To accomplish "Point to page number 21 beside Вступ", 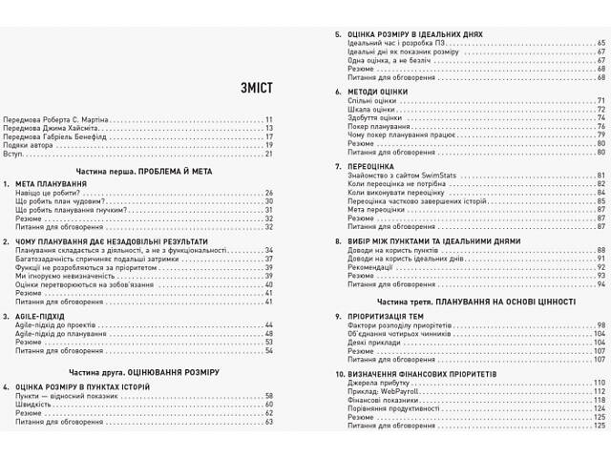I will pyautogui.click(x=270, y=153).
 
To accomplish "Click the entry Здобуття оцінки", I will pyautogui.click(x=375, y=117).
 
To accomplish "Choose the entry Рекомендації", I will pyautogui.click(x=373, y=266).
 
